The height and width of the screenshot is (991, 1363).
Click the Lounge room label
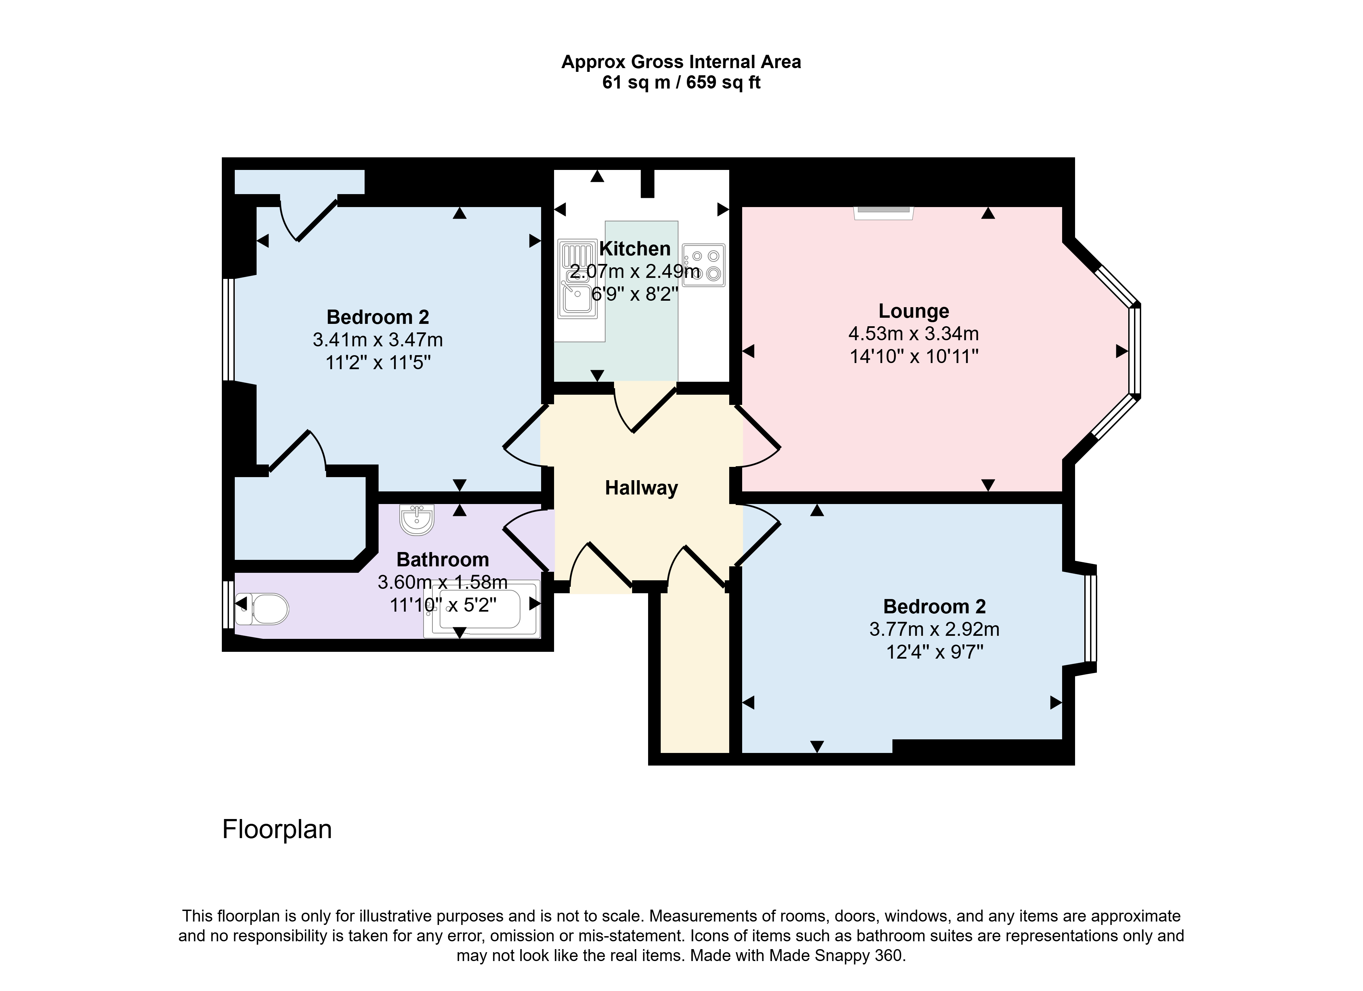click(x=914, y=311)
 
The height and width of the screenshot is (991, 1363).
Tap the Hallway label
click(x=641, y=488)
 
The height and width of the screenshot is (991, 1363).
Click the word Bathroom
click(x=443, y=560)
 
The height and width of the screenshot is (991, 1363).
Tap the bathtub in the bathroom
click(x=482, y=609)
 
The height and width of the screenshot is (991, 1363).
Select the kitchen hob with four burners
click(x=704, y=265)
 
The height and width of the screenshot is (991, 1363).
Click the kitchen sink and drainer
click(x=578, y=279)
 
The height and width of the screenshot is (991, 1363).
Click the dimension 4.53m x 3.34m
click(x=914, y=333)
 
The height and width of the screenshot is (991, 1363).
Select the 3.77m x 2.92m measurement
click(x=935, y=629)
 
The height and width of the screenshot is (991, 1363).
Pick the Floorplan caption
click(x=277, y=830)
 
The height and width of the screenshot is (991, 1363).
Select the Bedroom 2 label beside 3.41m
click(x=378, y=317)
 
